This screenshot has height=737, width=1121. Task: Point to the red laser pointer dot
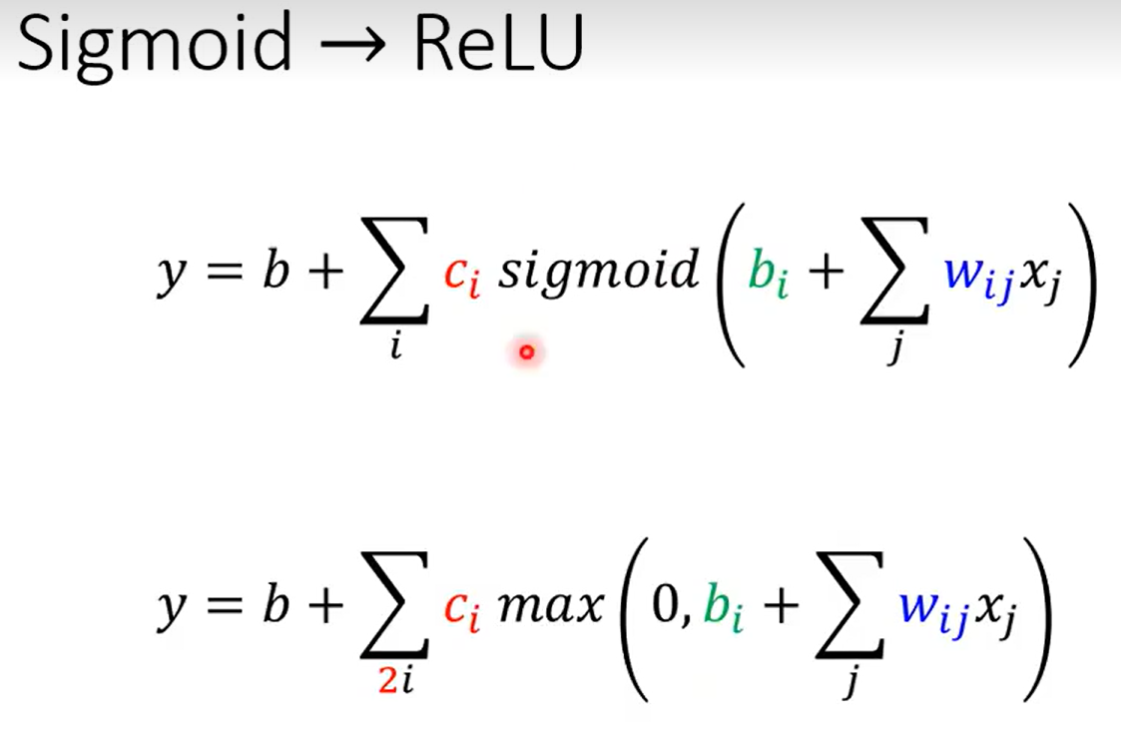coord(527,352)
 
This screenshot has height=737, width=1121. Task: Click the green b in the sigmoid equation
coord(763,272)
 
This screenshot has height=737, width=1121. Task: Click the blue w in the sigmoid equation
coord(967,274)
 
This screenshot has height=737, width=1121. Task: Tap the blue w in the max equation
coord(919,606)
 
